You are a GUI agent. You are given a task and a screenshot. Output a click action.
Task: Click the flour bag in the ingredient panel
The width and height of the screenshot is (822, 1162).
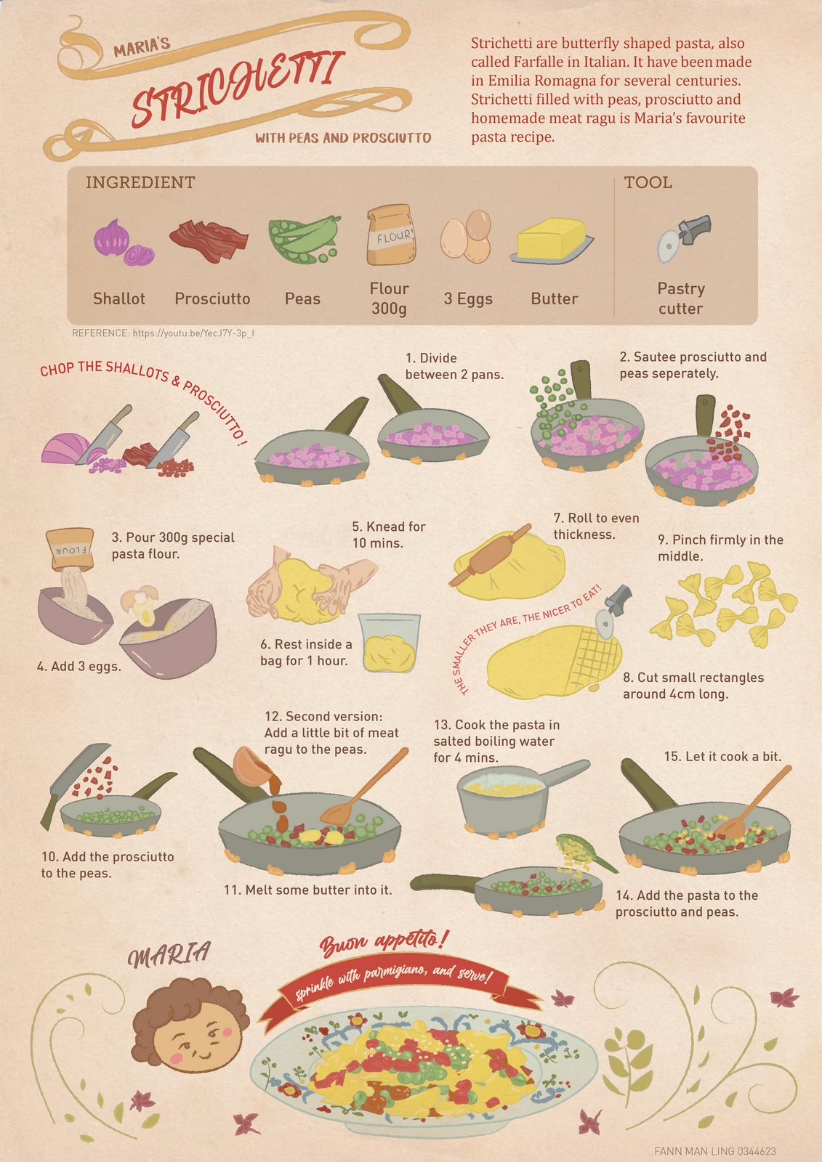391,235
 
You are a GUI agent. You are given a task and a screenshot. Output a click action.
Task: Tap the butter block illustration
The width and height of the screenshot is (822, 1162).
552,239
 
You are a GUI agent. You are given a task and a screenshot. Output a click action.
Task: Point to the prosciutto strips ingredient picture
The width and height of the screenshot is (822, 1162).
209,240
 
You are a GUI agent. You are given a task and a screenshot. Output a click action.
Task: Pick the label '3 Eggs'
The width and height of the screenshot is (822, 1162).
468,298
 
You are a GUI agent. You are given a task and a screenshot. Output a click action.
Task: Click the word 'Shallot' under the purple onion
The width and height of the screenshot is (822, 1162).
119,298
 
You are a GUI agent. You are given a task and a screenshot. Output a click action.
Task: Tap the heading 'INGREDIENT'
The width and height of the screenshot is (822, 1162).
140,182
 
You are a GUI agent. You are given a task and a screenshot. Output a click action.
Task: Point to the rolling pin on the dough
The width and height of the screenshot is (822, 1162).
491,555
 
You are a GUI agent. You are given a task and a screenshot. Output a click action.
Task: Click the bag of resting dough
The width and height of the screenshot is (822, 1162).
390,643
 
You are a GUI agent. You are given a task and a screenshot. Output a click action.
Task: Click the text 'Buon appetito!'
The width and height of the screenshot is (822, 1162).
384,941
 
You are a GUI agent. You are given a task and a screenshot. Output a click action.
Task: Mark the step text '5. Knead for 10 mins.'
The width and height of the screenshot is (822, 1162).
388,535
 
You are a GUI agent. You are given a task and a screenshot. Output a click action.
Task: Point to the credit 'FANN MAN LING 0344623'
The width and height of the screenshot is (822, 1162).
715,1151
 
